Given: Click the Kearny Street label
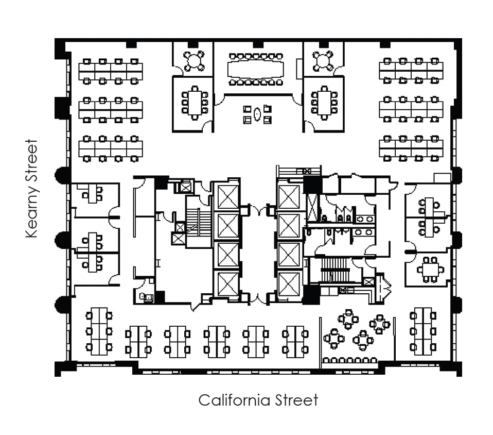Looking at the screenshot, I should [x=32, y=188].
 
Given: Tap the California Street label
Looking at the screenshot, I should [x=258, y=400].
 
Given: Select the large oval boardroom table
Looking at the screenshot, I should [x=256, y=69].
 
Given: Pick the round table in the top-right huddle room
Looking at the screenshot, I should [x=323, y=61].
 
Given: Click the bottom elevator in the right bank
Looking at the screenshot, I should [x=289, y=284].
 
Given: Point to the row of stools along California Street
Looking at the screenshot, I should [x=349, y=360].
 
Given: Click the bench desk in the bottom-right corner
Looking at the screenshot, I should [x=423, y=331].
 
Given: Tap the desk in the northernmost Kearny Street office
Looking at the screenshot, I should [x=93, y=193].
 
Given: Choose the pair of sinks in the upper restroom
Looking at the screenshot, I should [x=365, y=219].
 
